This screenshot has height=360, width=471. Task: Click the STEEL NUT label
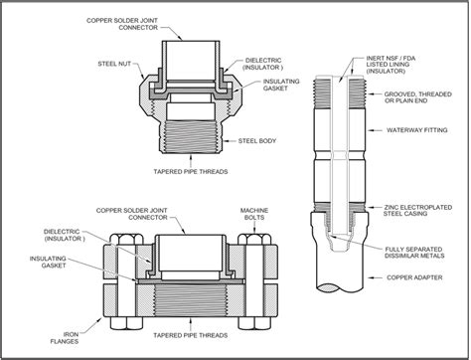[x=114, y=64]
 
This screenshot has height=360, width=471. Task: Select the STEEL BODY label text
[x=257, y=141]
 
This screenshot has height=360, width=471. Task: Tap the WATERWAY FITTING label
[x=417, y=130]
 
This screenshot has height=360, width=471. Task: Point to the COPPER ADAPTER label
[x=414, y=277]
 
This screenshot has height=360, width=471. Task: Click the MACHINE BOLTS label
[x=254, y=214]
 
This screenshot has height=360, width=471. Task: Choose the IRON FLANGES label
[x=67, y=338]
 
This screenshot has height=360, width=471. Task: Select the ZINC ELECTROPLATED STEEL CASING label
[x=417, y=211]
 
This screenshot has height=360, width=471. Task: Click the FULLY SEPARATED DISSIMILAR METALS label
[x=414, y=253]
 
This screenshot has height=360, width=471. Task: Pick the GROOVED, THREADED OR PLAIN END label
[x=418, y=97]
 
